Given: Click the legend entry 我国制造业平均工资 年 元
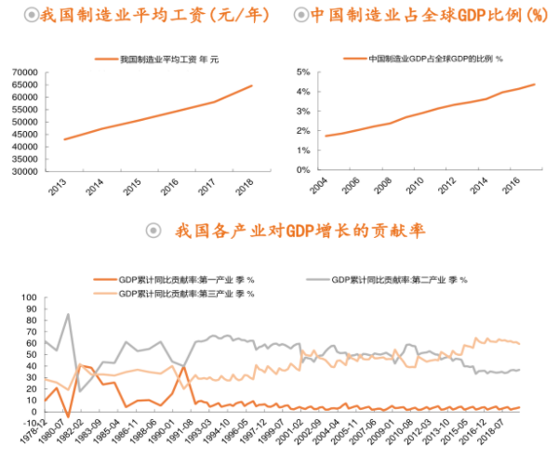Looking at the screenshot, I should pyautogui.click(x=168, y=59).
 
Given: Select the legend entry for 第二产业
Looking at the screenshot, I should pyautogui.click(x=399, y=280).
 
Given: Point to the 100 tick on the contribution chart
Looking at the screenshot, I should pyautogui.click(x=26, y=299).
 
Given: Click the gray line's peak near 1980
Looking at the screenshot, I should pyautogui.click(x=68, y=314).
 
